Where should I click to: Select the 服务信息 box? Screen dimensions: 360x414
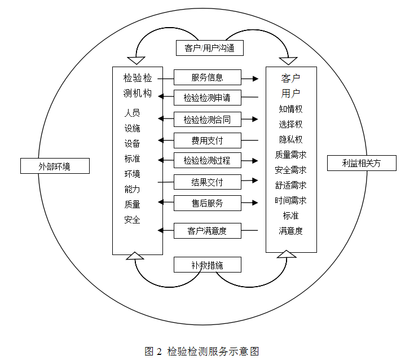[x=207, y=77]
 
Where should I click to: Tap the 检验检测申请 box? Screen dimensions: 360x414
[x=207, y=98]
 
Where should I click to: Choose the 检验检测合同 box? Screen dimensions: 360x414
[x=207, y=119]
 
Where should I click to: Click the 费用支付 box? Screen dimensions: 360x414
[x=207, y=140]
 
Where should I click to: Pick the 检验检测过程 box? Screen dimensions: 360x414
[x=207, y=160]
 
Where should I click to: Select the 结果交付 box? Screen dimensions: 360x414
[x=207, y=182]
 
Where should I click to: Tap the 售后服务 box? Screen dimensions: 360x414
[x=207, y=203]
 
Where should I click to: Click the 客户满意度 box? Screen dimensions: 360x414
[x=207, y=230]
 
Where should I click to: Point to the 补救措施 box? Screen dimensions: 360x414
[x=207, y=265]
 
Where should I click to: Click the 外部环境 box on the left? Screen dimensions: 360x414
[x=55, y=166]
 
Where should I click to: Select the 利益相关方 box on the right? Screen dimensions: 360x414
[x=362, y=163]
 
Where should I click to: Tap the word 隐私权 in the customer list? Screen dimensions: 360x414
[x=290, y=139]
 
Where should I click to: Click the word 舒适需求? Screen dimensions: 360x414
[x=290, y=185]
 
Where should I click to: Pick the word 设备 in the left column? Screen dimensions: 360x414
[x=133, y=143]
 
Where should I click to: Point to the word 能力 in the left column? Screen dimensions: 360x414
[x=133, y=189]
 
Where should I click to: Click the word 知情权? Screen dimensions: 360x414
[x=290, y=109]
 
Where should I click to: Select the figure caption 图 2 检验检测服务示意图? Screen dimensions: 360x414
[x=201, y=351]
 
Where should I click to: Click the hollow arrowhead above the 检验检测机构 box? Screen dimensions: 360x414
[x=136, y=60]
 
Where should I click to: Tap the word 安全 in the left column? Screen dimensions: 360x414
[x=133, y=219]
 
